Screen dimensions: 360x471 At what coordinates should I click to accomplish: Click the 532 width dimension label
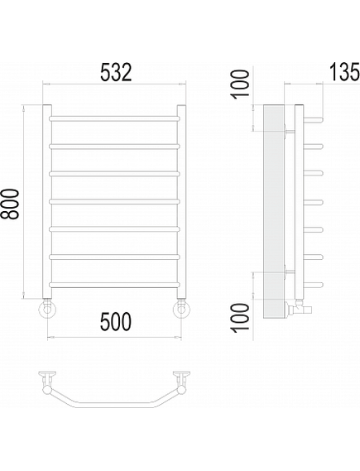click(116, 72)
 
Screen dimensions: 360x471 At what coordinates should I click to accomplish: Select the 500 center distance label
click(116, 321)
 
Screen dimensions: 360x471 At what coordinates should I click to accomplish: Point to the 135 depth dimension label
click(344, 72)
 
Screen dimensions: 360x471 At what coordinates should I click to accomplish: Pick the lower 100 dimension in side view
click(241, 317)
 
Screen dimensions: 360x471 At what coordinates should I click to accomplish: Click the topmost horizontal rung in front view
click(114, 118)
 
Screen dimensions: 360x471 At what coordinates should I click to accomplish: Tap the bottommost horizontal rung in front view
click(114, 285)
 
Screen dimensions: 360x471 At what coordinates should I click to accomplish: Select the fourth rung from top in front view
click(114, 201)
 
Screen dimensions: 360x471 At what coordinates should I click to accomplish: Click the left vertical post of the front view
click(47, 201)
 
